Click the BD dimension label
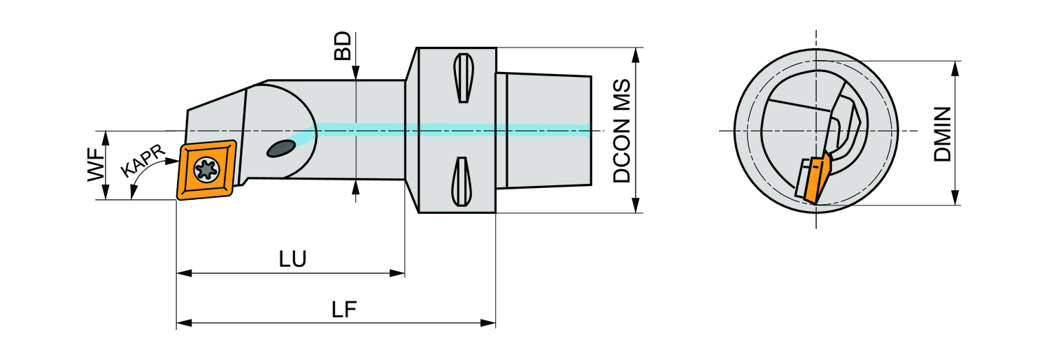point(342,45)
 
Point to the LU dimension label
point(293,259)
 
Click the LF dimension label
point(344,310)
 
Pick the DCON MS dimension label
point(621,131)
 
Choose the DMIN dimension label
point(943,134)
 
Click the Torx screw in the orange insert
point(206,170)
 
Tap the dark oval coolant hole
point(281,148)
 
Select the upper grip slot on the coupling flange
point(462,77)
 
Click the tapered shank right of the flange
point(545,131)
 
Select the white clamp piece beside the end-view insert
point(803,178)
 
